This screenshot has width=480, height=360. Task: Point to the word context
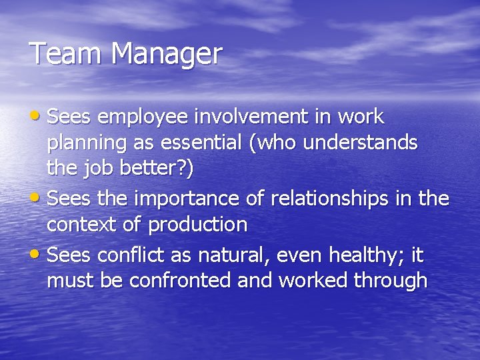[83, 225]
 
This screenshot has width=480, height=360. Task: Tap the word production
[197, 225]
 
